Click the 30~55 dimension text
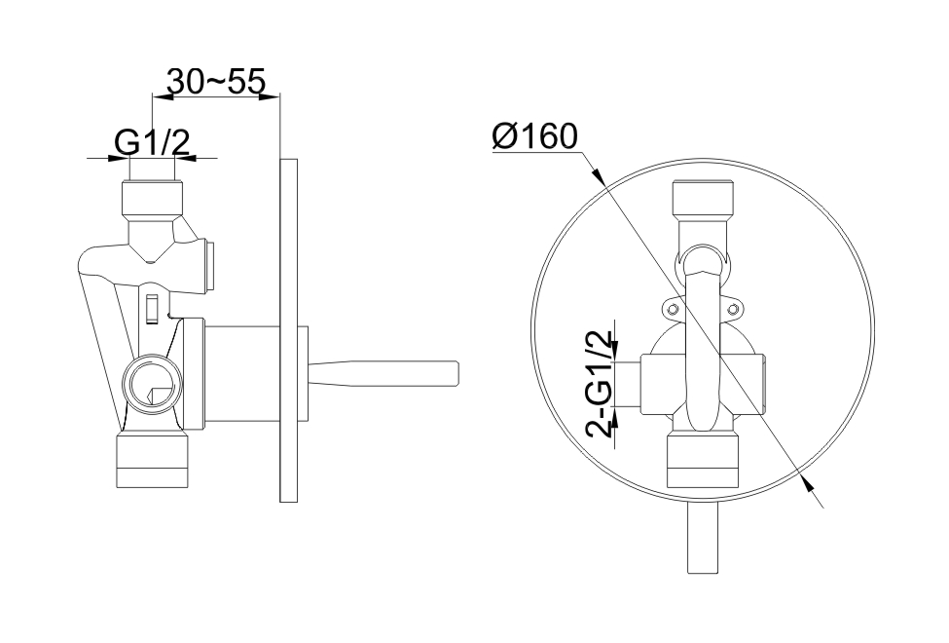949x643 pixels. point(216,82)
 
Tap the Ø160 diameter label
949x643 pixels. point(534,136)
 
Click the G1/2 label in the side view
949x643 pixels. point(153,143)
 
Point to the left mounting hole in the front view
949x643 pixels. point(673,310)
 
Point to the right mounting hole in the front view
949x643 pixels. point(733,310)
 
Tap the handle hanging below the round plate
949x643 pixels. point(703,538)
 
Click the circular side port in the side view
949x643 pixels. point(153,384)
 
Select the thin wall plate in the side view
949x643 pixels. point(289,330)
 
